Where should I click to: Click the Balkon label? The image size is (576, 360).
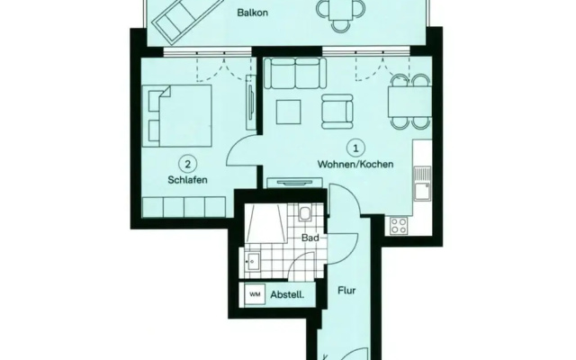tap(252, 13)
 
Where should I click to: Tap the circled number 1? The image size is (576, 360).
tap(355, 148)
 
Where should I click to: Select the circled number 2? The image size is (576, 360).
tap(188, 164)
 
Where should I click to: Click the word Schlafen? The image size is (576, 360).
tap(188, 180)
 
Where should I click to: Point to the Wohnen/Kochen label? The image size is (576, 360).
tap(355, 164)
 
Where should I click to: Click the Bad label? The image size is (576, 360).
tap(310, 238)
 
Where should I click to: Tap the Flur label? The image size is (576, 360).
tap(346, 291)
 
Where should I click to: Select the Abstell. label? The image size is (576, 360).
tap(287, 294)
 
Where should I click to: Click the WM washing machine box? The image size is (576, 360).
tap(256, 294)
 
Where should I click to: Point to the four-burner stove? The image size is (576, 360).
tap(399, 225)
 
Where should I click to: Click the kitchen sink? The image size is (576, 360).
tap(422, 184)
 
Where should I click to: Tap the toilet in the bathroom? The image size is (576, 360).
tap(305, 213)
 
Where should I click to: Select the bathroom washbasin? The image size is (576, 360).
tap(252, 261)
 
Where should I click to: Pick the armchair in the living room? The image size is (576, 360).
tap(337, 112)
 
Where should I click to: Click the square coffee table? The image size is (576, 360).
tap(289, 112)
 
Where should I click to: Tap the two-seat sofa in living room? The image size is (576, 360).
tap(295, 74)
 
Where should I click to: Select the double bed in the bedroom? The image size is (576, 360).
tap(177, 116)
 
